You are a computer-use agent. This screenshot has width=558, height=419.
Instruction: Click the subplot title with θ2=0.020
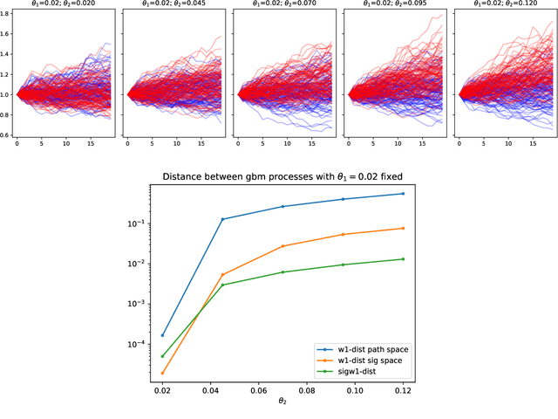[x=60, y=4]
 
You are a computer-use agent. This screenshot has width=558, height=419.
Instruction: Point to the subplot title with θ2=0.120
[x=500, y=4]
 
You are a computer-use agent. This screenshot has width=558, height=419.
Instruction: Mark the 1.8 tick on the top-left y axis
[x=7, y=16]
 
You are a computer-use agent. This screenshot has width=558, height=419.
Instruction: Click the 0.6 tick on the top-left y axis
[x=7, y=134]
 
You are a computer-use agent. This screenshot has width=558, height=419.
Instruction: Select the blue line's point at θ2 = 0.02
[x=162, y=335]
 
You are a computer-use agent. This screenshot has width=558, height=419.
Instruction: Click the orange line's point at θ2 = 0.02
[x=162, y=373]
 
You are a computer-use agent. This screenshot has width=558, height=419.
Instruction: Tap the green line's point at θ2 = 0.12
[x=403, y=259]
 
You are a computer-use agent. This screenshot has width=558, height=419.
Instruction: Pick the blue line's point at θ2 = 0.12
[x=403, y=194]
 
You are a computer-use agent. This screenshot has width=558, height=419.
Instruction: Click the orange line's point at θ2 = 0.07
[x=282, y=246]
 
